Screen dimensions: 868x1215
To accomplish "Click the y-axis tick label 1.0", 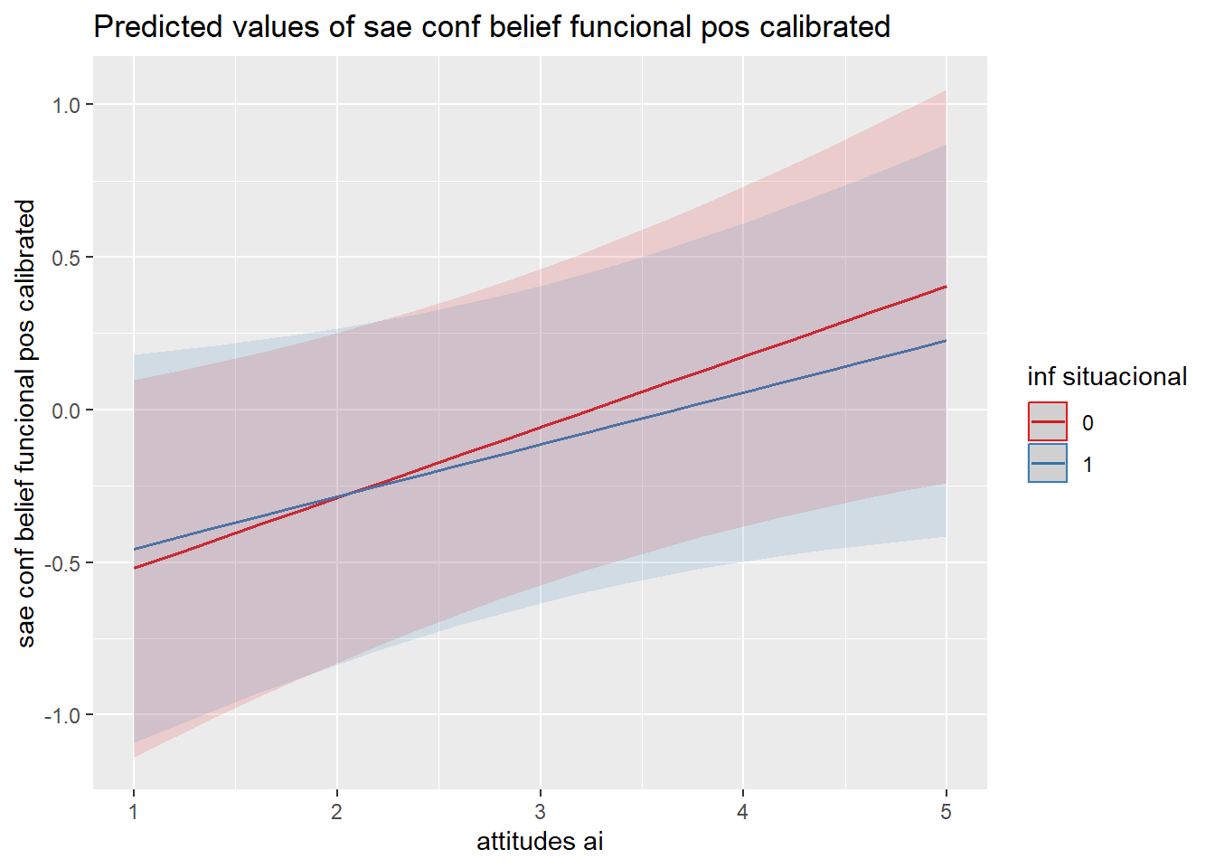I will (66, 105).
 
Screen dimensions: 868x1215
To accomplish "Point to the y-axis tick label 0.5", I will (66, 258).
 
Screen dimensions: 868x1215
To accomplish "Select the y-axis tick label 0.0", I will (66, 410).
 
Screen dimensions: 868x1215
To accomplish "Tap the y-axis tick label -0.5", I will (63, 563).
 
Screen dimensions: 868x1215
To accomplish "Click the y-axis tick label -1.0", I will (63, 715).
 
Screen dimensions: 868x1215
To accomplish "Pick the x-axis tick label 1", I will (134, 812).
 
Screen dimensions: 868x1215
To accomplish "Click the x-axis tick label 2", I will (337, 812).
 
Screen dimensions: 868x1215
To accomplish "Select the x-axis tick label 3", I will (540, 812).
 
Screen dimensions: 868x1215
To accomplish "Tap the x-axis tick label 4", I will (743, 812).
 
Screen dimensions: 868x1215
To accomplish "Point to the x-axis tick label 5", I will (946, 812).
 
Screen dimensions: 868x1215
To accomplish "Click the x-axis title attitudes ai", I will (540, 842).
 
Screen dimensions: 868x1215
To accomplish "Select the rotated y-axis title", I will (26, 423).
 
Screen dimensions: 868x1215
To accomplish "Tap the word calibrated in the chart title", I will (824, 27).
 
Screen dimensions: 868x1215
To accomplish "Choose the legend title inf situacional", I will (1107, 377).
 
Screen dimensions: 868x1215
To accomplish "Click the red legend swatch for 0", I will (1048, 422).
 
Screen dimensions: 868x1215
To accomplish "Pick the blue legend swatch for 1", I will (1048, 464).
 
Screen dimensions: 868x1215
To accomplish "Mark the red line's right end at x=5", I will (946, 287).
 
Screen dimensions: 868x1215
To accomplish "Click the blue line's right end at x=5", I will (946, 341).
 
